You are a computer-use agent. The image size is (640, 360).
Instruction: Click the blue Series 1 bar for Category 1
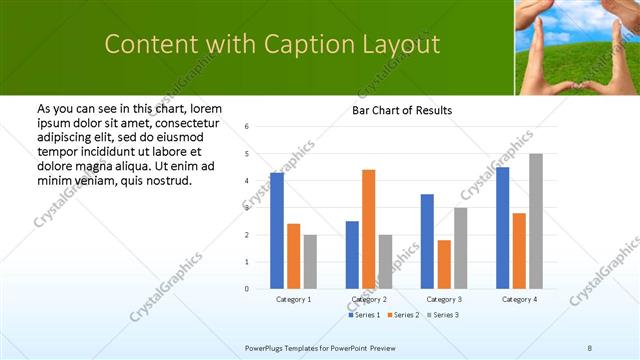[x=277, y=231]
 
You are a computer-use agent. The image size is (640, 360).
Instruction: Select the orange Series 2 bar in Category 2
[x=368, y=229]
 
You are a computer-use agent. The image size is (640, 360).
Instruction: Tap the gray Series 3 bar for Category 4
[x=536, y=221]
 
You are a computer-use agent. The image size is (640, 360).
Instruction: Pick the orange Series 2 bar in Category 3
[x=444, y=264]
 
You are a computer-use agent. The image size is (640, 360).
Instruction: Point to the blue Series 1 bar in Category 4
[x=502, y=228]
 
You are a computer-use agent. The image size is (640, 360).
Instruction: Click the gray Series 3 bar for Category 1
[x=310, y=262]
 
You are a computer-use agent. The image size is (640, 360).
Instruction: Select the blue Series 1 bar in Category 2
[x=352, y=255]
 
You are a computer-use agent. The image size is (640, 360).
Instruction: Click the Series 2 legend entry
[x=402, y=315]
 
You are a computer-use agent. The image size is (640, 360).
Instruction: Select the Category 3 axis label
[x=443, y=299]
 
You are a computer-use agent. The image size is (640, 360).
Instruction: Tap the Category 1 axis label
[x=293, y=299]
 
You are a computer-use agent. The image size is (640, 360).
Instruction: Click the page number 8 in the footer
[x=590, y=347]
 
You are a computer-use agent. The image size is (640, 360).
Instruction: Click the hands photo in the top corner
[x=577, y=47]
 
